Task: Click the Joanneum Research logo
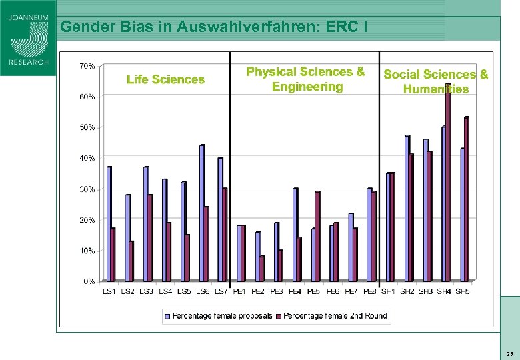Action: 28,38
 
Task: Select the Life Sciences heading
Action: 165,79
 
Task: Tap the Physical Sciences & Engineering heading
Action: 306,79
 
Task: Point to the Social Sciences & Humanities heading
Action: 435,81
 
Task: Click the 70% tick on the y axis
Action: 87,66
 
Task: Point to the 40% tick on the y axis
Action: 87,158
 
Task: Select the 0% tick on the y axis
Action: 89,281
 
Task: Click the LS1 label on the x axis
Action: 109,292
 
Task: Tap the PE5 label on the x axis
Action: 314,292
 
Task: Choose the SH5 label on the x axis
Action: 462,292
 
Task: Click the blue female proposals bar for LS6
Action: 201,213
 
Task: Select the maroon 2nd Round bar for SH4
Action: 448,183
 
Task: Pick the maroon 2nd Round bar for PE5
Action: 318,237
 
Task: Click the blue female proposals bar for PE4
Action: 295,235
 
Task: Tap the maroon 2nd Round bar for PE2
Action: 262,269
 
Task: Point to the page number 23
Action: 509,353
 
